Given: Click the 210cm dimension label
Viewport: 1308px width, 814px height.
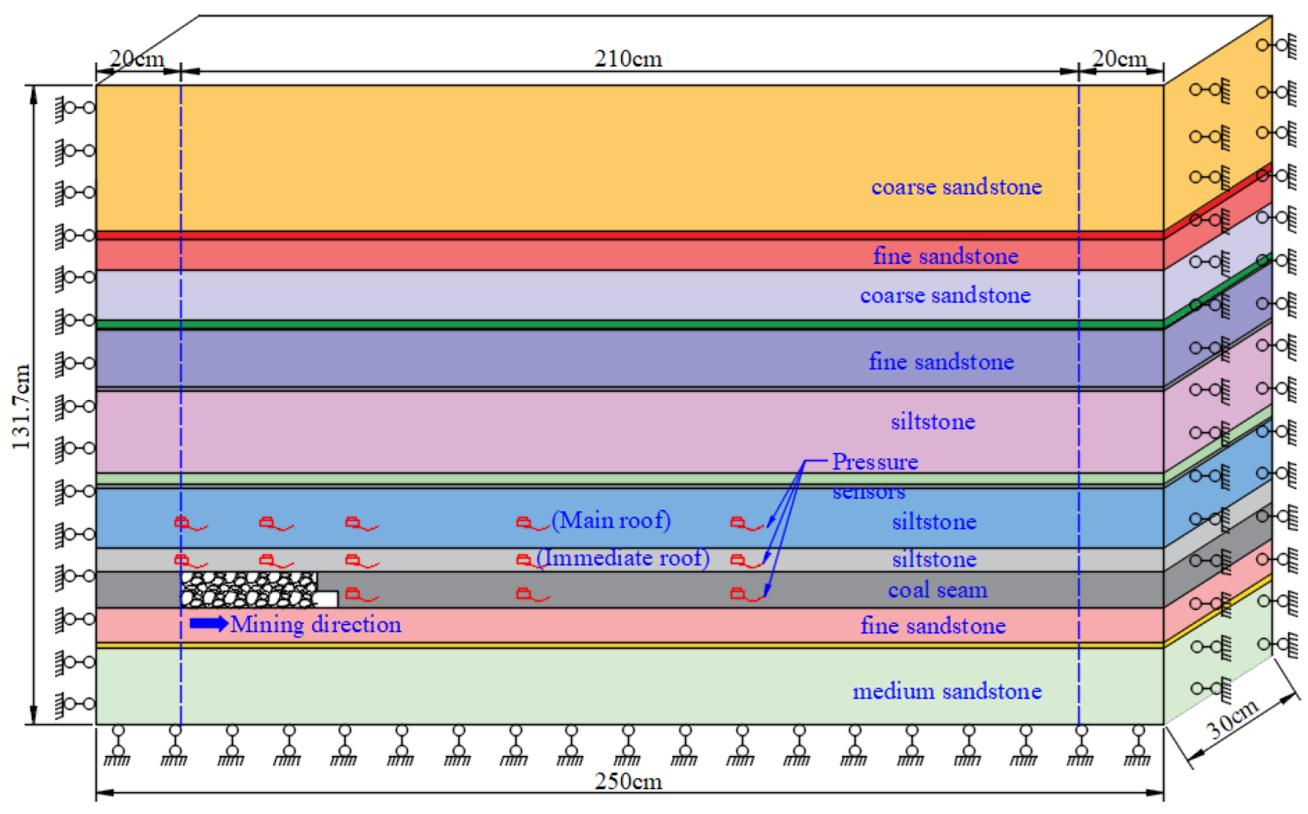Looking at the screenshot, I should tap(628, 59).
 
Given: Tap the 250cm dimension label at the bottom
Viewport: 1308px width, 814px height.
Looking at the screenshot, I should tap(628, 782).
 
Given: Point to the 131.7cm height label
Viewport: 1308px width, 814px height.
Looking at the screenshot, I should tap(21, 406).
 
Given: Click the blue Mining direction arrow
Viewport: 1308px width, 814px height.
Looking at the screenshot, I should tap(208, 624).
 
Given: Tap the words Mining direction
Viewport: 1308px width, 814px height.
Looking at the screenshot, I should tap(316, 625).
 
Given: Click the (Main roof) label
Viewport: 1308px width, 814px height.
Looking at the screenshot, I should tap(611, 520).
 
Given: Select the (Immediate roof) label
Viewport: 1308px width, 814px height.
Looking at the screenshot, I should tap(623, 558).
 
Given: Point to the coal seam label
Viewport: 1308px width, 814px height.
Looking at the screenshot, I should tap(937, 590).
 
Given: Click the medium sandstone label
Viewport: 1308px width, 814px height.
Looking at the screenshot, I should tap(947, 691).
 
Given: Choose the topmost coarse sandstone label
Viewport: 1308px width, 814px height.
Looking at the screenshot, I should tap(956, 187).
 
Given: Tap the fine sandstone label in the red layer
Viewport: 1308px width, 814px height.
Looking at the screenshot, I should tap(945, 256).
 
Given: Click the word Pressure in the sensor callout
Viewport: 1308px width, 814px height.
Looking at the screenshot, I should tap(875, 462).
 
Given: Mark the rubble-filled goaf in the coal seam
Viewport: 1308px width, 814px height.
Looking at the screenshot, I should tap(247, 589).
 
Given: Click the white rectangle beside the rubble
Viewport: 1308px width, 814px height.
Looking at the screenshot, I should tap(327, 599).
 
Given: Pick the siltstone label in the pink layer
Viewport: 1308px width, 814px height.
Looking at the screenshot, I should tap(933, 422).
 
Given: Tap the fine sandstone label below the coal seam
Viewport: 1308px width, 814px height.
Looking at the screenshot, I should tap(933, 626).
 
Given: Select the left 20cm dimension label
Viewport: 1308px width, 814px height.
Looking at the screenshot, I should tap(137, 59).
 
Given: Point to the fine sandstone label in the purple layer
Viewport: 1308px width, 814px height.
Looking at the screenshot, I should tap(941, 361).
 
